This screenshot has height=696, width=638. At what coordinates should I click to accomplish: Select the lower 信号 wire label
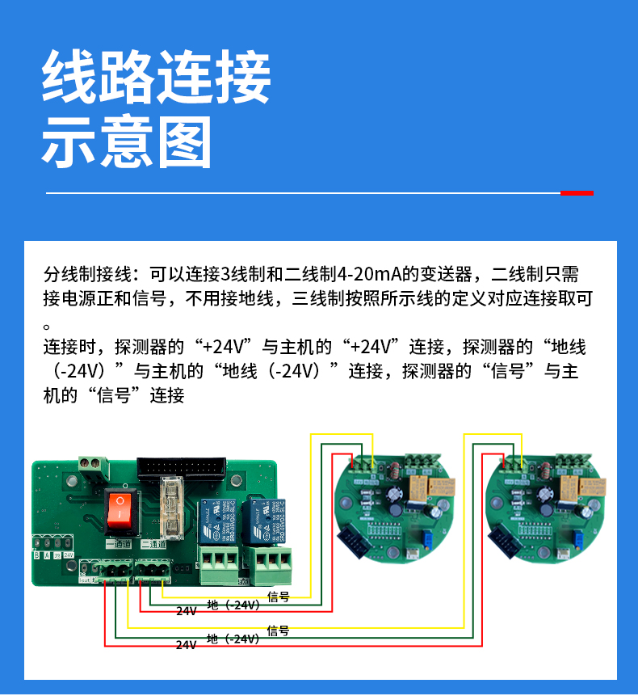279,631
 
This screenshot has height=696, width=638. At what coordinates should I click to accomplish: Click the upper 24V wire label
187,611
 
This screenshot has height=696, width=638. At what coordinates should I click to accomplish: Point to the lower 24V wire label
187,644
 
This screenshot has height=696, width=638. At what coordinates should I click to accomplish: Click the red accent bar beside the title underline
577,193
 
